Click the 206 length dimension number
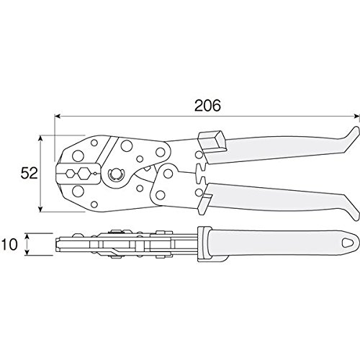pyautogui.click(x=207, y=106)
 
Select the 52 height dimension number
pyautogui.click(x=29, y=173)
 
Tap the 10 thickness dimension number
pyautogui.click(x=9, y=244)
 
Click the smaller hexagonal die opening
pyautogui.click(x=70, y=173)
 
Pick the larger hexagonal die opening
pyautogui.click(x=84, y=173)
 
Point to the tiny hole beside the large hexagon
pyautogui.click(x=95, y=174)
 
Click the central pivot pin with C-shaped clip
pyautogui.click(x=115, y=174)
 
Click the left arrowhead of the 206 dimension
pyautogui.click(x=58, y=117)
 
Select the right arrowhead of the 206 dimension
pyautogui.click(x=356, y=117)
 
